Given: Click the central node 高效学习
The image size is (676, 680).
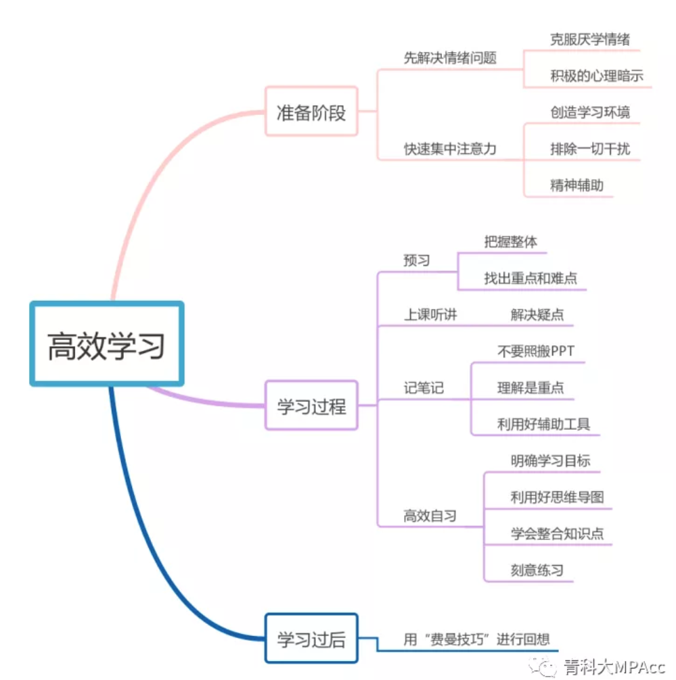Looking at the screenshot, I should [107, 344].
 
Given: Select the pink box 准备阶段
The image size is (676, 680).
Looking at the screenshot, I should [311, 112].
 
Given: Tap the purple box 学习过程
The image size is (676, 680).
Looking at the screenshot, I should [311, 406].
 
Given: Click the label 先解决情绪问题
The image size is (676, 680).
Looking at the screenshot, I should [450, 58].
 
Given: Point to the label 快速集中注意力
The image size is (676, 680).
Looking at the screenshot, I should [450, 149].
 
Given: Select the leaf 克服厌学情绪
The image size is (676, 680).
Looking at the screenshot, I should [590, 39].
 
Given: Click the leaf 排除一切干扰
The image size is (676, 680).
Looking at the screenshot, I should [590, 149].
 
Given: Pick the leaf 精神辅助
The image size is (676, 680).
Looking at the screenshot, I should [577, 185].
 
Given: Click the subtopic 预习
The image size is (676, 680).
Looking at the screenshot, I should [416, 260].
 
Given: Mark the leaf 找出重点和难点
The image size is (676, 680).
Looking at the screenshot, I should [531, 278].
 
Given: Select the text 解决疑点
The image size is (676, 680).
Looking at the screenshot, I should [537, 314].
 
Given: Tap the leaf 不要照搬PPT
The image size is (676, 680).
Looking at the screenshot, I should [536, 351].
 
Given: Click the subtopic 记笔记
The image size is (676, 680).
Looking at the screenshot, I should [424, 388].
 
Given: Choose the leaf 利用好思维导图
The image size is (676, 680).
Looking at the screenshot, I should [557, 497].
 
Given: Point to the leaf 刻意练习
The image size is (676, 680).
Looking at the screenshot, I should [537, 570].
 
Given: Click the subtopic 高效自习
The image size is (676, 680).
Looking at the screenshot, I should [430, 516].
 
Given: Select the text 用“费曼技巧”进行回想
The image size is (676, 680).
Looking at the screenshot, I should [476, 639].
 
